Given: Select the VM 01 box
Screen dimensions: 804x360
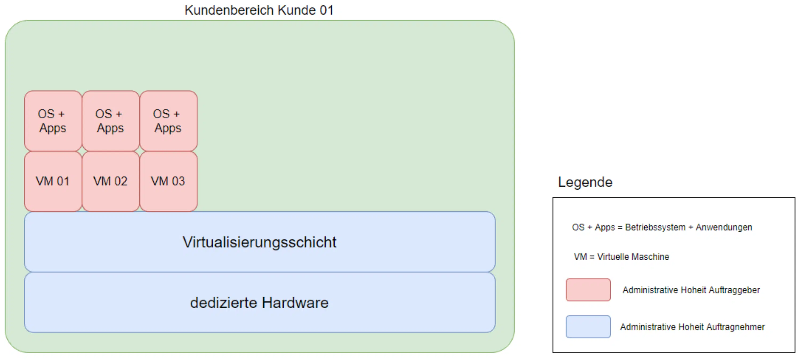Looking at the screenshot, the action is click(53, 181).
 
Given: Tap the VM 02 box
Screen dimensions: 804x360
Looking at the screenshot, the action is click(110, 181).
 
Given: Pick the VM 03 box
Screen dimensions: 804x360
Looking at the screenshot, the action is click(168, 181).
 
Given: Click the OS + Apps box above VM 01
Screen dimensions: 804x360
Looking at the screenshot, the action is click(53, 121).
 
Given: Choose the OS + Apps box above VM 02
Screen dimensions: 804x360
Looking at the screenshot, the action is click(110, 121).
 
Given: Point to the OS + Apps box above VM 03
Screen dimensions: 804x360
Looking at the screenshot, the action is click(168, 121).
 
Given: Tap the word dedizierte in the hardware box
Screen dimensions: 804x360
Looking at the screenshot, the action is click(223, 303).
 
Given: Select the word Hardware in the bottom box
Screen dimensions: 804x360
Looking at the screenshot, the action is click(295, 303).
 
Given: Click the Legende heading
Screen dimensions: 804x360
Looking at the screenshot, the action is click(585, 182).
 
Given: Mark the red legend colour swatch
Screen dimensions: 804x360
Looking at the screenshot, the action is click(588, 290).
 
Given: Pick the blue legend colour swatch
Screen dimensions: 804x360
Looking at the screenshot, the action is click(588, 327).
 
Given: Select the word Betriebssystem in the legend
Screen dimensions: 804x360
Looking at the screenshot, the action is click(655, 227).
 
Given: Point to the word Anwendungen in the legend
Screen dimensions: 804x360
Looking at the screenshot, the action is click(724, 227).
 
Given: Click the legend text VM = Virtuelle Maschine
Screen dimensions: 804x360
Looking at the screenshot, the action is click(621, 257).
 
